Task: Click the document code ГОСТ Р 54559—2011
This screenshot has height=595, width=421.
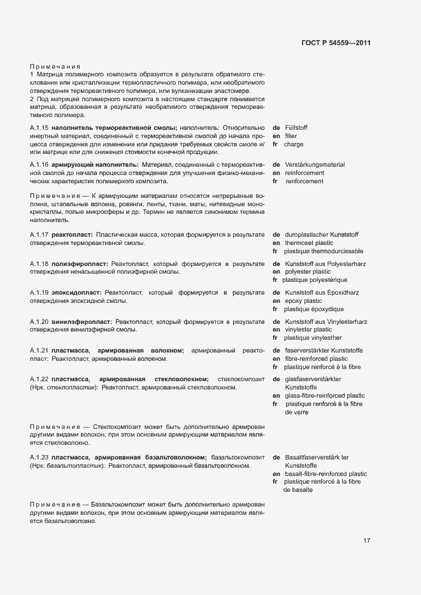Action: [336, 43]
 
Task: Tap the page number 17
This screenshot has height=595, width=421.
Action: [367, 541]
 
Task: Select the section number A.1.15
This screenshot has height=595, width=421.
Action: [39, 128]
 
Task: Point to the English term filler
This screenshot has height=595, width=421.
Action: [291, 136]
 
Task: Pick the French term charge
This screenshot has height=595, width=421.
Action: [294, 144]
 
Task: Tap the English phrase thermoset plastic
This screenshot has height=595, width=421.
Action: [309, 243]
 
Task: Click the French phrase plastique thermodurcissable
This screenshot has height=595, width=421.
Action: [324, 251]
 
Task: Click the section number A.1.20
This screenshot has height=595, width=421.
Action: [39, 321]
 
